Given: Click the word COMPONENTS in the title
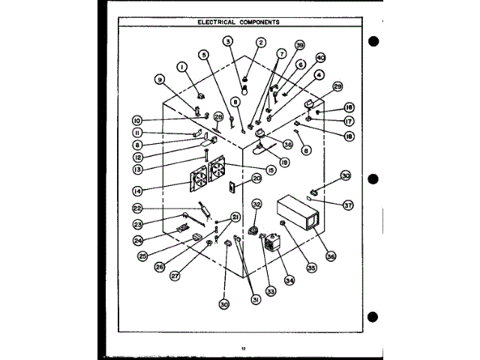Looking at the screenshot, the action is coord(259,22).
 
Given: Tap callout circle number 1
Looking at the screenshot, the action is coord(182,67).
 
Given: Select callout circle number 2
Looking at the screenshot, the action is coord(262,43).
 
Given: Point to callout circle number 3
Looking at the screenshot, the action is coord(228,43).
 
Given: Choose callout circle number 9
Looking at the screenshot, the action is coord(159,79).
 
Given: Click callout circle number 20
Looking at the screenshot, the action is coord(256,178).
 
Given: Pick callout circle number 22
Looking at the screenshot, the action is coord(137,208).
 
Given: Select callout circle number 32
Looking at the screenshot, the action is coord(256,204).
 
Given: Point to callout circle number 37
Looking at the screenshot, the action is coord(349,205).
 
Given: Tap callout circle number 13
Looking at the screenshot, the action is coord(137,170).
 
